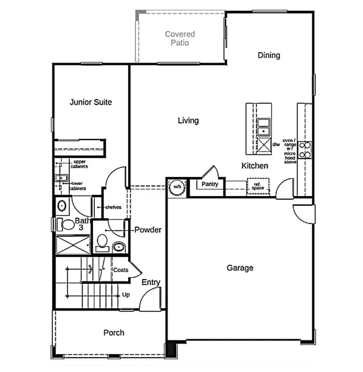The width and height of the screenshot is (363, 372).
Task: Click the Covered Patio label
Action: (180, 38)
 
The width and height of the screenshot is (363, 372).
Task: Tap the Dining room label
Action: (269, 55)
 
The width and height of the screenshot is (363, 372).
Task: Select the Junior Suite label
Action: (91, 102)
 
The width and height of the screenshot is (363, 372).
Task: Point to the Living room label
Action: (188, 121)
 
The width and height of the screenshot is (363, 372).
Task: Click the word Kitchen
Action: (255, 166)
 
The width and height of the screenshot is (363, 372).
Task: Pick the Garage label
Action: (240, 268)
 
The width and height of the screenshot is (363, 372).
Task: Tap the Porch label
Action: (114, 333)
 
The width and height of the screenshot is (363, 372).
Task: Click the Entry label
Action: (151, 282)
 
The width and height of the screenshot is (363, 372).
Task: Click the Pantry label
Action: (210, 184)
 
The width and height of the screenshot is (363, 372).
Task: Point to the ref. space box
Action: (258, 187)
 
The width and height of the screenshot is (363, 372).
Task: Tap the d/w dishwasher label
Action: (276, 144)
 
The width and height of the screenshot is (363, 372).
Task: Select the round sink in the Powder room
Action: (118, 247)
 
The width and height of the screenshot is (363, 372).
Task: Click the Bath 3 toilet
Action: (67, 224)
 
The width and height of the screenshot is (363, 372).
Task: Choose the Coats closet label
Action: (120, 270)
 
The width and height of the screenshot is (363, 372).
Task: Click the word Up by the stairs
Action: (127, 295)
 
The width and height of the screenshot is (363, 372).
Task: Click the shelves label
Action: (113, 207)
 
